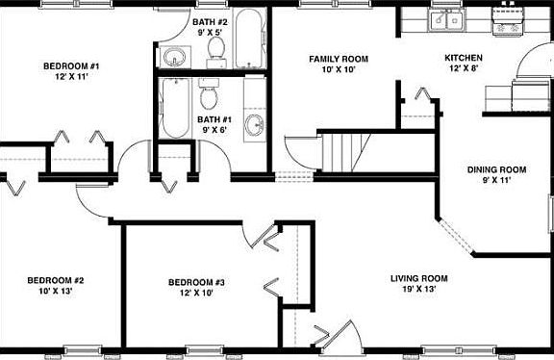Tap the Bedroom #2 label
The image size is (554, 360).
(56, 281)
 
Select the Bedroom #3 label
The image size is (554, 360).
(196, 282)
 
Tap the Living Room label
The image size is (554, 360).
(419, 279)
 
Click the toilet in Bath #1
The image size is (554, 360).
(208, 95)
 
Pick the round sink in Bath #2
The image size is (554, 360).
(174, 58)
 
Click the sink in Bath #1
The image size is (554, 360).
(255, 123)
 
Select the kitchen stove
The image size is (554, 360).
(506, 21)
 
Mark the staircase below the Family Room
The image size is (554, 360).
(344, 150)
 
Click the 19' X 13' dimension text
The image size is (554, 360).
(419, 290)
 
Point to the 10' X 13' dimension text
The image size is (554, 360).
(56, 292)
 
